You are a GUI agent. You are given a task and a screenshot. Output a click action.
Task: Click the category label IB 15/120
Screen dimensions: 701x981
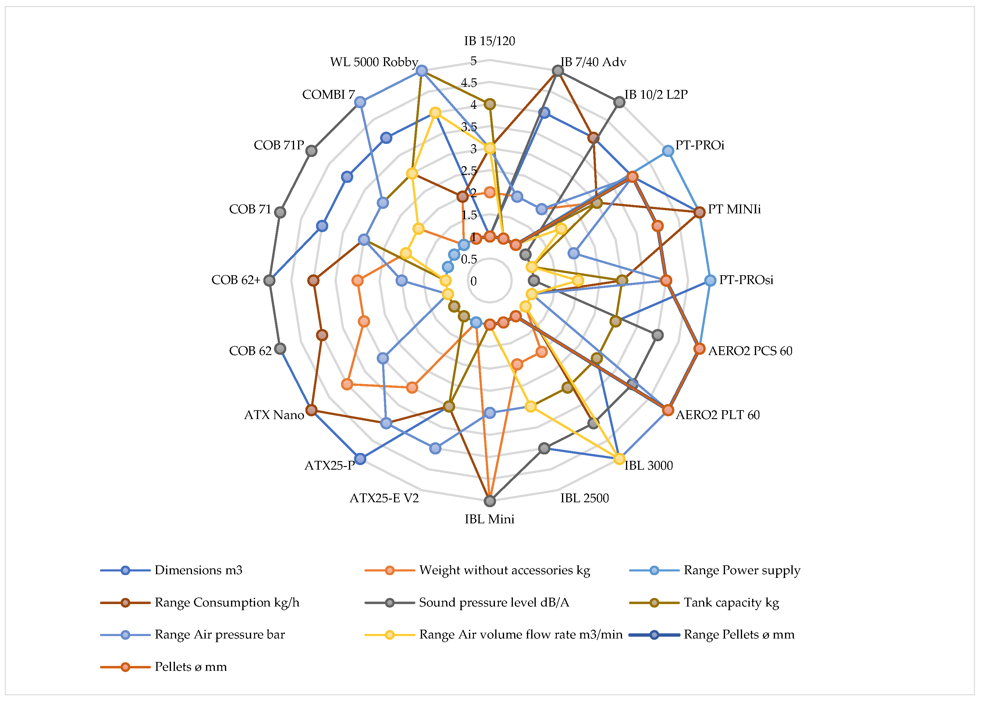489,41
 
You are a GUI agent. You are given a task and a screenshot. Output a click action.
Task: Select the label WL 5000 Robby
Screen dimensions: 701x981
374,62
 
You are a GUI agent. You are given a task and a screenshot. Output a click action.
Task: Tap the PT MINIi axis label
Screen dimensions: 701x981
734,209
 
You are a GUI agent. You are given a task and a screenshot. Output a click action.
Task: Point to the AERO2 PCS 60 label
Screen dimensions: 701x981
750,351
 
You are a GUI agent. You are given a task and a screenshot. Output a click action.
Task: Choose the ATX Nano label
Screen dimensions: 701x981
274,415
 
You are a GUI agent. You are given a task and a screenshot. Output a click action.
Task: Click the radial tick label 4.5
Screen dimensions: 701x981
469,83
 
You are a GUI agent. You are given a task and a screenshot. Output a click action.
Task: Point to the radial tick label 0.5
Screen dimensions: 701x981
469,259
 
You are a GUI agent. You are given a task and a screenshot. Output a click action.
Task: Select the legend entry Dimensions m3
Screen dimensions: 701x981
198,570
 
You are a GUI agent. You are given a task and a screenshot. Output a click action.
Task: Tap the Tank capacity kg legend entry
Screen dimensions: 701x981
731,603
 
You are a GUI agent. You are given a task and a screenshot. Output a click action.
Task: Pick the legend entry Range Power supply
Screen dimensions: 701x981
742,570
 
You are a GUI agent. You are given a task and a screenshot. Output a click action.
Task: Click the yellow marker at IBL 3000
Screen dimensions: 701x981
619,459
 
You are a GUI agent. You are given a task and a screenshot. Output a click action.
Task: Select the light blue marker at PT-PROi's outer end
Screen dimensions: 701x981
668,151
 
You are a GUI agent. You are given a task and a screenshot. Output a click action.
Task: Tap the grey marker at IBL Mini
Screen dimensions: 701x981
489,501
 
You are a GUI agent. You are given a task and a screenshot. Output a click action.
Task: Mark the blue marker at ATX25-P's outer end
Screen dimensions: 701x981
360,459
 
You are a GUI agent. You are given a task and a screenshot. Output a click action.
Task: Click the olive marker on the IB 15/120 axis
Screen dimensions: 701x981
489,104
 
